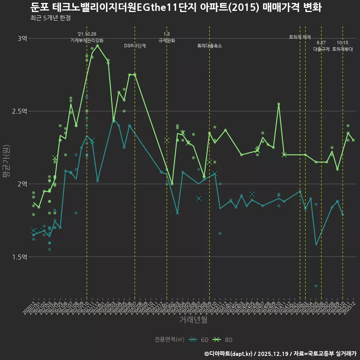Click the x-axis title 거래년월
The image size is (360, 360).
(193, 320)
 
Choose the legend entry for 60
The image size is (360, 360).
(199, 340)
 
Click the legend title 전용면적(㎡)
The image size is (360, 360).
(169, 340)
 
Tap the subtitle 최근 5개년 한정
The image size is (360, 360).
(51, 18)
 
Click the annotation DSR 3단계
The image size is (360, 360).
(135, 46)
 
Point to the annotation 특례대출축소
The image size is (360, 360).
(210, 46)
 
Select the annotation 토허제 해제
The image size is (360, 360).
(300, 37)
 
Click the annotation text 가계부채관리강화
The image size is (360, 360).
(87, 40)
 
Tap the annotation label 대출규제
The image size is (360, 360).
(321, 49)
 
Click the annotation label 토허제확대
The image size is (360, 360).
(343, 49)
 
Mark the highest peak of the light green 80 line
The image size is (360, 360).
(97, 46)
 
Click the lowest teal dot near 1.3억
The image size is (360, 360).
(316, 286)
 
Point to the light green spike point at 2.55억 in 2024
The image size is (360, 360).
(279, 104)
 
